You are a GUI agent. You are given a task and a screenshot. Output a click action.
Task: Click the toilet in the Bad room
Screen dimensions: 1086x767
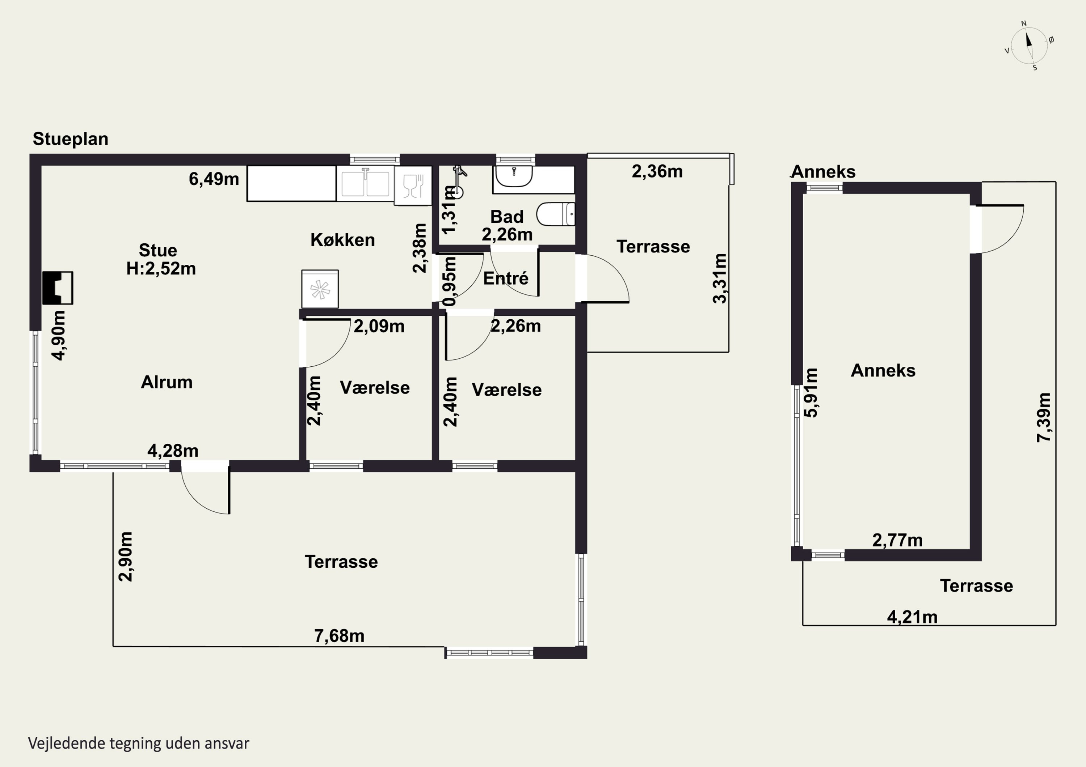click(556, 214)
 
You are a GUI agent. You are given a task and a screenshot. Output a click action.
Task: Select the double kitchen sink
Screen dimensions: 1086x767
click(365, 183)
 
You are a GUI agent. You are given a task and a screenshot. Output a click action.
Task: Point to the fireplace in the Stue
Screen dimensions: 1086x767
click(58, 288)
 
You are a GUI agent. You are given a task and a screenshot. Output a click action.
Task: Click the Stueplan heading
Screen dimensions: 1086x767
click(71, 139)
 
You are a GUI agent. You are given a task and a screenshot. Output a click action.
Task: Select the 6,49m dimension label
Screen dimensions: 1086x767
click(214, 179)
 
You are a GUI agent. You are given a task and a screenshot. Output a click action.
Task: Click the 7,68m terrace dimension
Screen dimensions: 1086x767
click(339, 636)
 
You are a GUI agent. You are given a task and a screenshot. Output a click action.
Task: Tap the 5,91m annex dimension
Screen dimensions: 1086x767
click(811, 392)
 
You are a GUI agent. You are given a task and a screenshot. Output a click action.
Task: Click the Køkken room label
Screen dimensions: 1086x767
click(342, 240)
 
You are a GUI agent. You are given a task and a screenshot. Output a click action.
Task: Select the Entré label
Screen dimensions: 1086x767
click(506, 278)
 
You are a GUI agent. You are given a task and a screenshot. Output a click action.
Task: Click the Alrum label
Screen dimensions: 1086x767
click(167, 382)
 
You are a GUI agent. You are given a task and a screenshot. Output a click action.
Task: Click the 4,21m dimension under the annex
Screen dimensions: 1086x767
click(912, 617)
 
